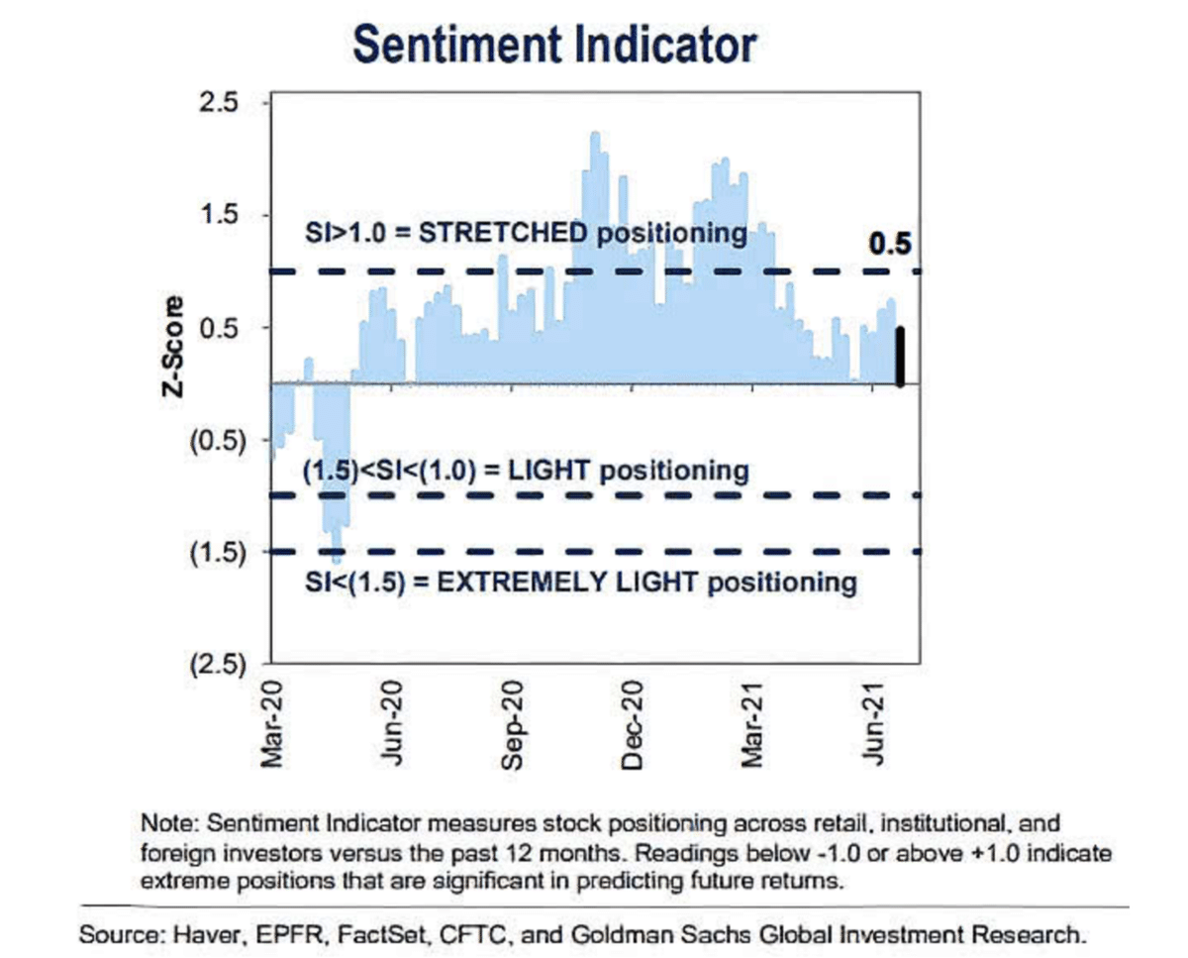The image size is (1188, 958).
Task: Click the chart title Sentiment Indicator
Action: tap(555, 46)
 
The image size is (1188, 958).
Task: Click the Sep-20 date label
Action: tap(511, 723)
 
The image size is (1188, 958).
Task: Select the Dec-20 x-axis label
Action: tap(631, 723)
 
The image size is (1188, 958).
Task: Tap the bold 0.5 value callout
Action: tap(889, 243)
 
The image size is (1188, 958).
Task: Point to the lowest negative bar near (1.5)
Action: tap(336, 555)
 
